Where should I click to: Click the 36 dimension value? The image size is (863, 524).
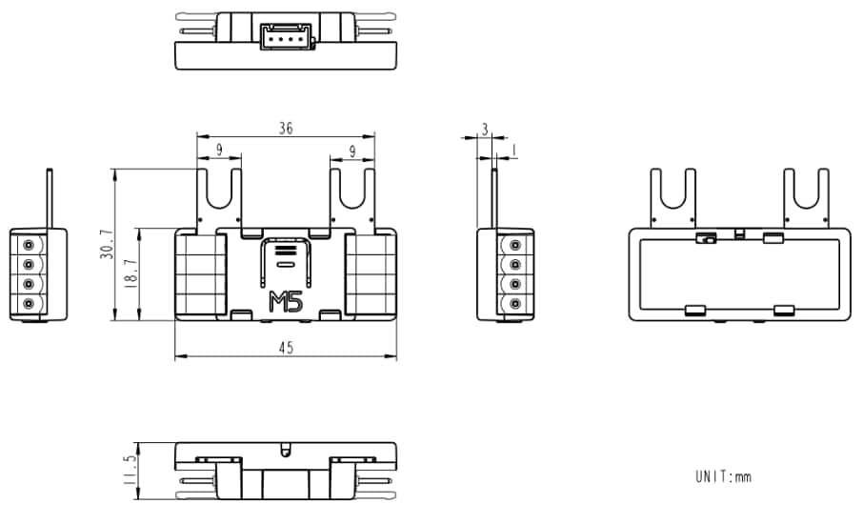(x=285, y=127)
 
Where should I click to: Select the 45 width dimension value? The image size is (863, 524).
(x=285, y=348)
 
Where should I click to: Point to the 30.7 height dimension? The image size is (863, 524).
(x=106, y=245)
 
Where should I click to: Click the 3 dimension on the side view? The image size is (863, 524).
(x=485, y=128)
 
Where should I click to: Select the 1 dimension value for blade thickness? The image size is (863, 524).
(x=514, y=151)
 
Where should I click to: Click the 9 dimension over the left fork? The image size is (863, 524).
(x=219, y=150)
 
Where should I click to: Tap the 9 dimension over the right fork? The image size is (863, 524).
(x=352, y=150)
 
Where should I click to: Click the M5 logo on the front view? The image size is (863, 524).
(x=286, y=302)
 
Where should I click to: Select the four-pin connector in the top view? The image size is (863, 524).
(x=285, y=33)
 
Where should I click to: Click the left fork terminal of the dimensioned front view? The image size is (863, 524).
(x=220, y=195)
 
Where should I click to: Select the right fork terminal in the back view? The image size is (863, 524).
(x=807, y=194)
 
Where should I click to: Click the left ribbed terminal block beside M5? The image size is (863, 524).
(x=200, y=274)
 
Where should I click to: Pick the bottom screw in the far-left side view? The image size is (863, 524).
(x=29, y=304)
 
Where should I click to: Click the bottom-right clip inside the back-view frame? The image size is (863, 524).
(x=784, y=310)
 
